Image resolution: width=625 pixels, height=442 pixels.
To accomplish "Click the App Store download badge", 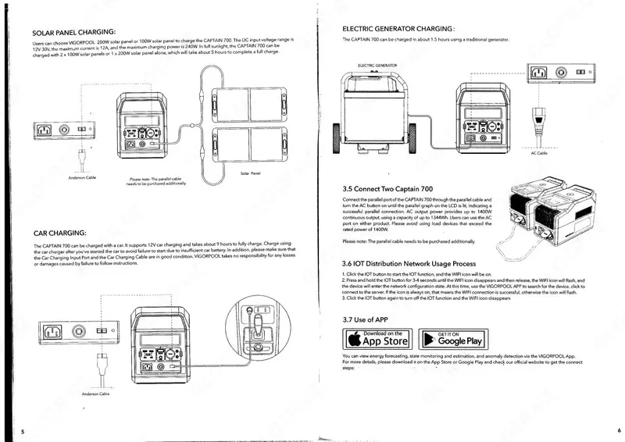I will point(377,338).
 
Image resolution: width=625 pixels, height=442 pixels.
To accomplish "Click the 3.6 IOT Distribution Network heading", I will point(409,264).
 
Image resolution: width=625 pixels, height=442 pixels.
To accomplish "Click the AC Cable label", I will point(539,153).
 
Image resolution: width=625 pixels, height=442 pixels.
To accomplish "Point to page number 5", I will point(23,431).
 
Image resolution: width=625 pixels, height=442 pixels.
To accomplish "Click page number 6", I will point(618,430).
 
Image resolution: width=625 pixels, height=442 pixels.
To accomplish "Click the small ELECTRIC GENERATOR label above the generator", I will point(378,66).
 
